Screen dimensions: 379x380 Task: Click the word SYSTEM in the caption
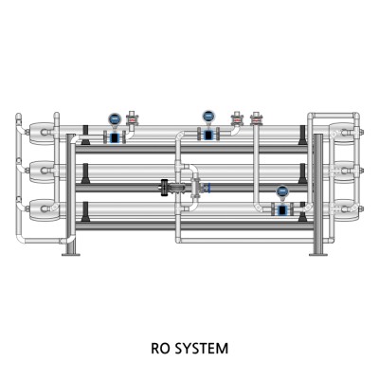point(201,349)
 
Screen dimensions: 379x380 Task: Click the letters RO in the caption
point(160,349)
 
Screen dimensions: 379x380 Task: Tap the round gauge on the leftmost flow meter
point(115,118)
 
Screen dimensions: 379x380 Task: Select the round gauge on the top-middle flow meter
point(208,117)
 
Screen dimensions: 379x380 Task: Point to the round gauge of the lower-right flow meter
point(282,191)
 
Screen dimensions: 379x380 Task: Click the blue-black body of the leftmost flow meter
point(115,137)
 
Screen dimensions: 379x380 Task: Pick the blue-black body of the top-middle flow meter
point(208,135)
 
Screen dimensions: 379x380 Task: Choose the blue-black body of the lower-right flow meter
point(282,209)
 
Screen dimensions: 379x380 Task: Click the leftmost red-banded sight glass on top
point(133,119)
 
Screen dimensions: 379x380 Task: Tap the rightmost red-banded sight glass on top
point(256,119)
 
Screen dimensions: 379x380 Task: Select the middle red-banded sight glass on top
point(238,119)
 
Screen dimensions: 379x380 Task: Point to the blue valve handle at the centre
point(208,188)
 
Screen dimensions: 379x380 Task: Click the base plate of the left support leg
point(71,254)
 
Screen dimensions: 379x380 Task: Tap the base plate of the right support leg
point(318,254)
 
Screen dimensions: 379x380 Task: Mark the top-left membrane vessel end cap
point(41,132)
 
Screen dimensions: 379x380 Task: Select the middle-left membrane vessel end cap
point(41,171)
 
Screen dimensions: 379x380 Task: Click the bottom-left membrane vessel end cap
point(41,209)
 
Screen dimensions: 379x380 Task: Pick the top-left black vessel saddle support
point(84,136)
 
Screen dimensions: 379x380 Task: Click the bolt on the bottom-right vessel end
point(361,208)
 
